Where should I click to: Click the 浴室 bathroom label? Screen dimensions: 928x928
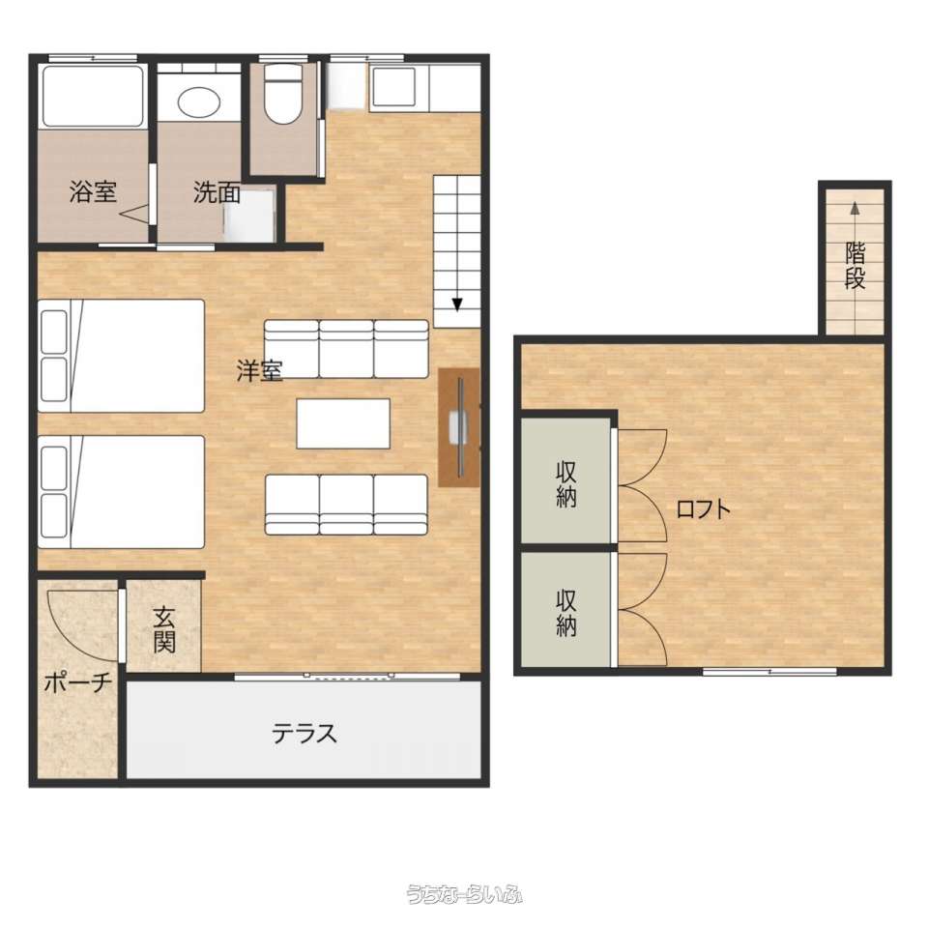tap(93, 191)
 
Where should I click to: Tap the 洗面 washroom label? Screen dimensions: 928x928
tap(217, 192)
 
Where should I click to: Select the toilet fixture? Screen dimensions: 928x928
tap(283, 94)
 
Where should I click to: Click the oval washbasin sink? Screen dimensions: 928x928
tap(199, 104)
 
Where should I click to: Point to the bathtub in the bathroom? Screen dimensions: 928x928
tap(94, 96)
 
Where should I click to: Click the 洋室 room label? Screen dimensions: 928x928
tap(259, 371)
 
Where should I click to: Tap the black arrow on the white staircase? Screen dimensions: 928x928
tap(457, 304)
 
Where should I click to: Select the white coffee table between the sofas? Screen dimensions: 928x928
tap(343, 423)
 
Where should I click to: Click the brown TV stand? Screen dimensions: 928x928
tap(458, 427)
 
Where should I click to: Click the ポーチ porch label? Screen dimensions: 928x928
tap(78, 683)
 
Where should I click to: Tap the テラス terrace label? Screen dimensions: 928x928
tap(304, 734)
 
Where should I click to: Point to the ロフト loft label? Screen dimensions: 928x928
tap(703, 509)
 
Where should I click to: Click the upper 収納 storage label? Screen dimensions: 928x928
tap(566, 484)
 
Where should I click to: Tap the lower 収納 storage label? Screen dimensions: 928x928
tap(566, 613)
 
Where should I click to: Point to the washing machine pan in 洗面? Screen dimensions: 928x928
tap(249, 216)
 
